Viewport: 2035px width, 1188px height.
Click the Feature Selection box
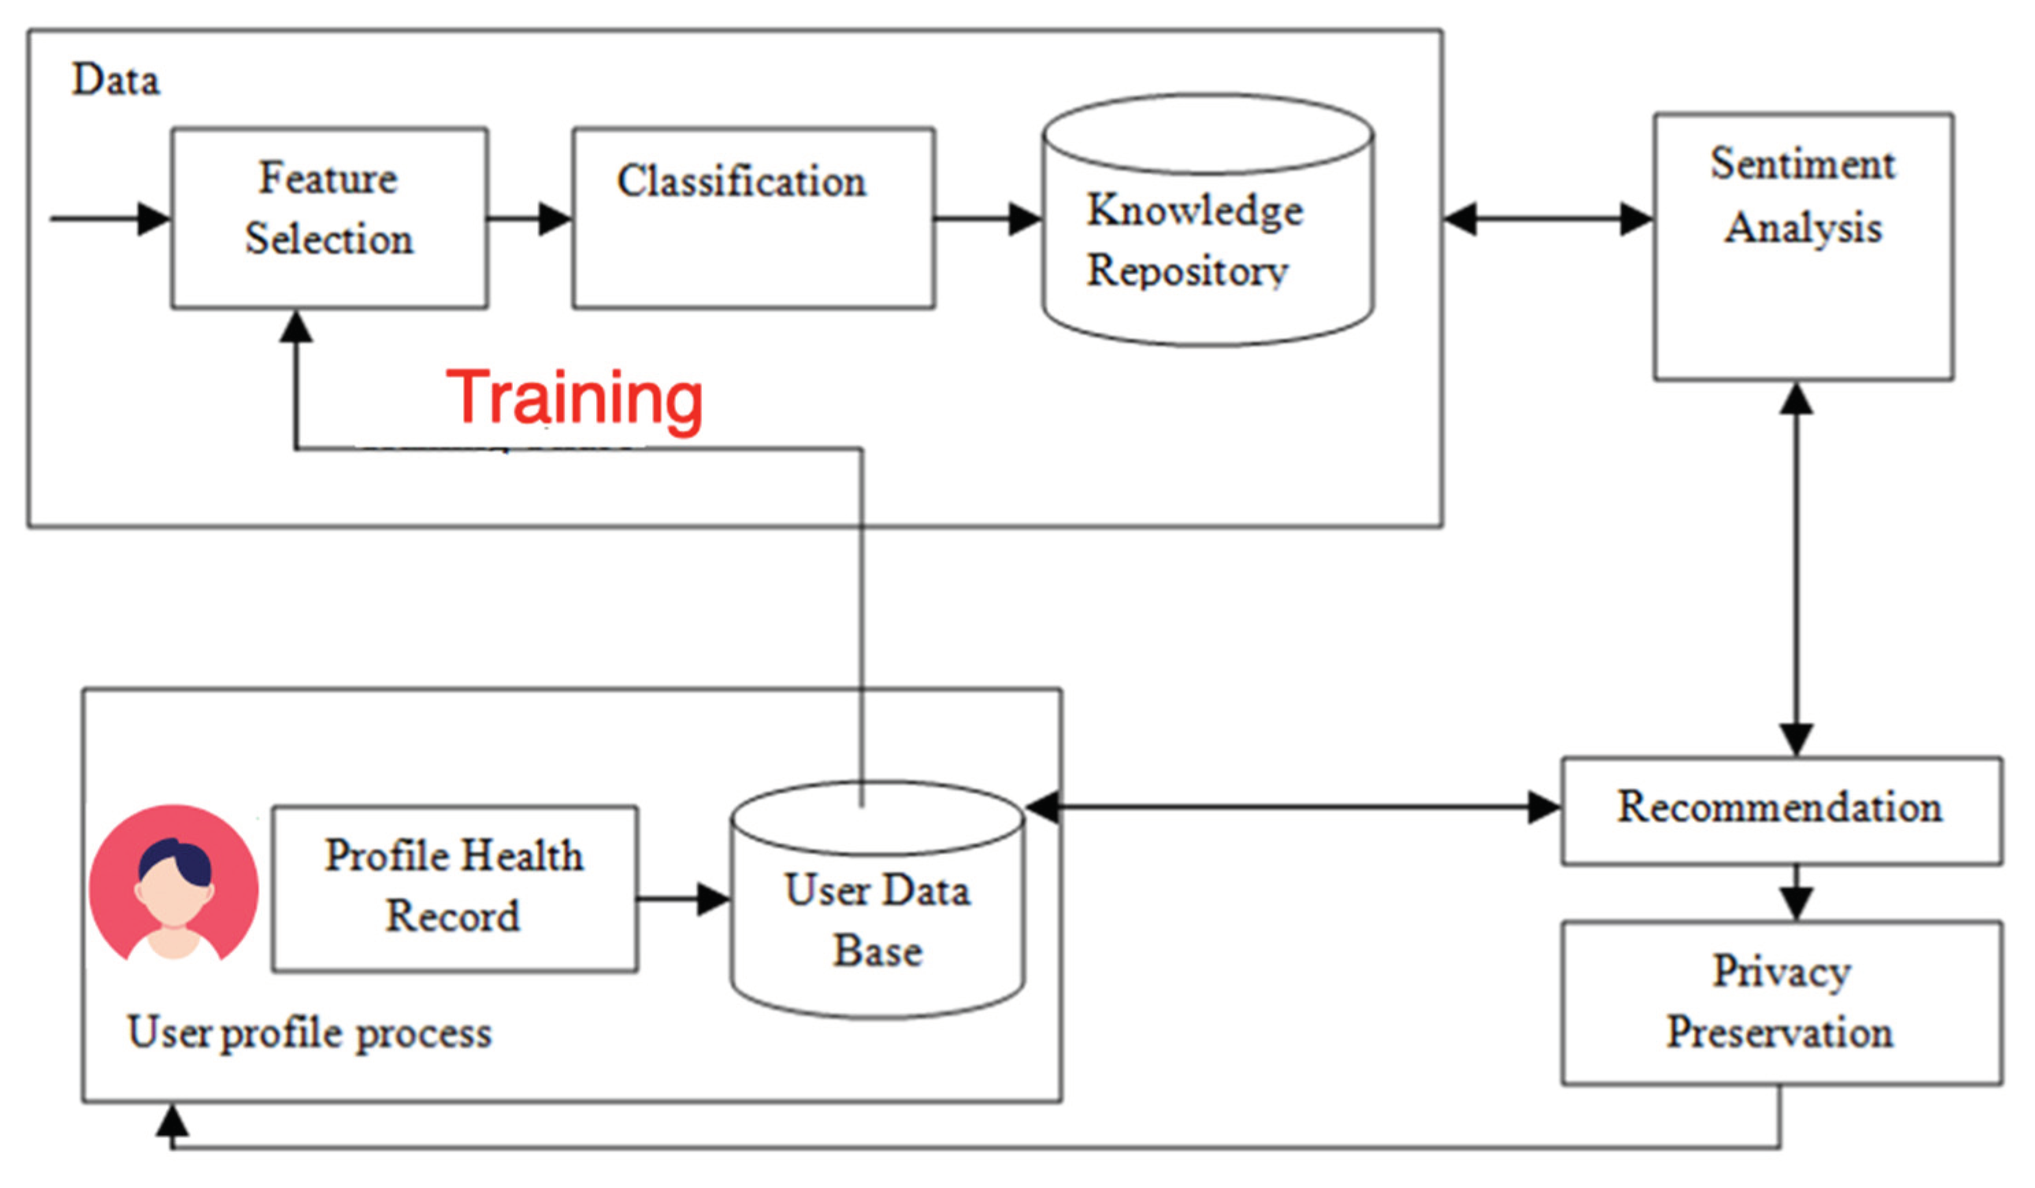[x=329, y=217]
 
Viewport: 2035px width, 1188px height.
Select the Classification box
[x=754, y=217]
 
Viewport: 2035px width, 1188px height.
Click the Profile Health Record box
[x=455, y=887]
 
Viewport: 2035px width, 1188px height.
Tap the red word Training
[x=574, y=397]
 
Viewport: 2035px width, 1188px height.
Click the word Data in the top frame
[x=116, y=80]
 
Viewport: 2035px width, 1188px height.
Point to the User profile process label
[x=309, y=1033]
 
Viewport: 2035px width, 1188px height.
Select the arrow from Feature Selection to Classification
[x=530, y=218]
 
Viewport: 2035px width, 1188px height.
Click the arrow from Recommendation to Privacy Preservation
[x=1796, y=893]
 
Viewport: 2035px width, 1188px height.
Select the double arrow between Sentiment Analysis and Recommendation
[x=1796, y=570]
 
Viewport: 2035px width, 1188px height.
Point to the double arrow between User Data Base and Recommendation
[x=1292, y=807]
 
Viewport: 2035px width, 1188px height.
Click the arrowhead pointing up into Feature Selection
[x=296, y=328]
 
